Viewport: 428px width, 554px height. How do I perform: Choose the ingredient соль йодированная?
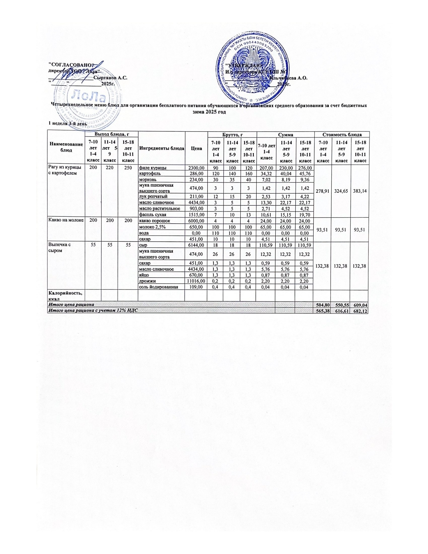point(156,287)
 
